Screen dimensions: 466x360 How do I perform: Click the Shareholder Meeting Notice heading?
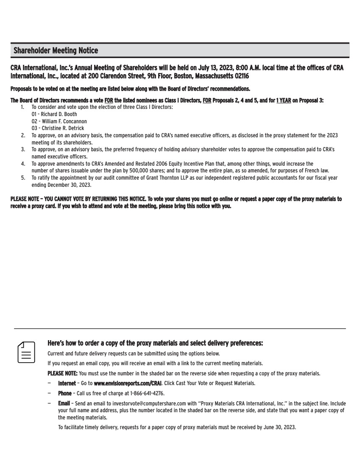(56, 51)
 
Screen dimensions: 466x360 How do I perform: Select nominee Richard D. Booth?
(59, 114)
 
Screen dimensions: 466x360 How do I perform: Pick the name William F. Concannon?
(64, 121)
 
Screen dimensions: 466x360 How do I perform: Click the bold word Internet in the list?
(67, 383)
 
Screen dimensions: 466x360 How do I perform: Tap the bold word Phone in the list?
(65, 394)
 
